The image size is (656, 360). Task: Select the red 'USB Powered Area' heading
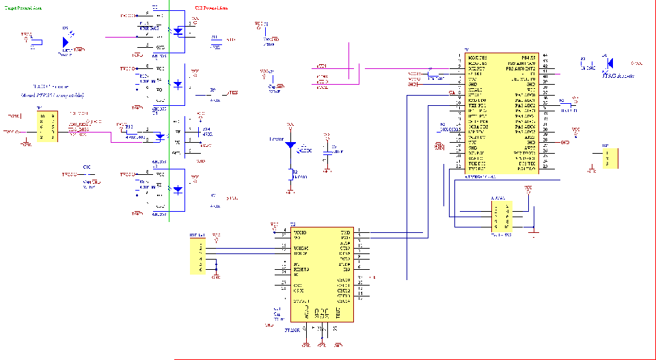[x=212, y=6]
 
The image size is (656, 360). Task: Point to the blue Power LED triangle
[x=291, y=145]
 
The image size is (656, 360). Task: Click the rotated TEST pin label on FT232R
[x=337, y=312]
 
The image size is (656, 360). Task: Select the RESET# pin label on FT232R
[x=301, y=270]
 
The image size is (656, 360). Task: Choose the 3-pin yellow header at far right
[x=611, y=159]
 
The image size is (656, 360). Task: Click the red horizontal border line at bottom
[x=410, y=359]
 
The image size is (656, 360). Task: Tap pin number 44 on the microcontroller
[x=545, y=57]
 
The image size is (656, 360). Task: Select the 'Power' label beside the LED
[x=276, y=139]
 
